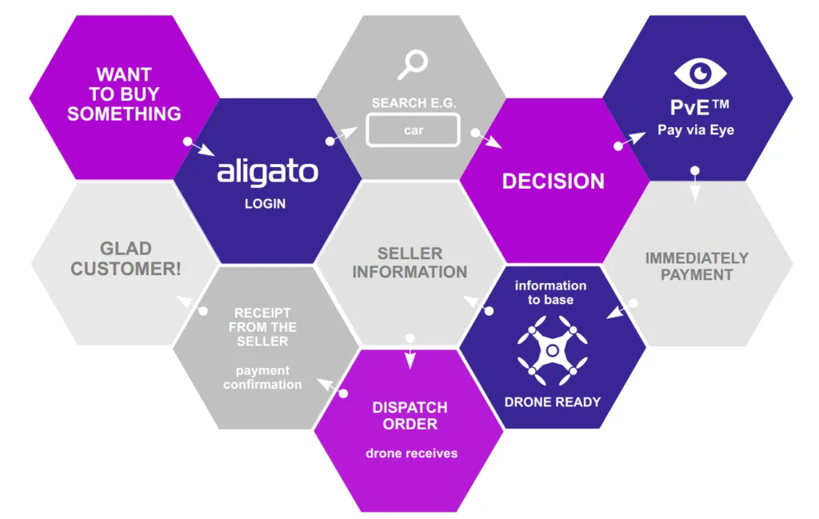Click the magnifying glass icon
tap(413, 65)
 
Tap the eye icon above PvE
tap(700, 73)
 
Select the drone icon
tap(552, 349)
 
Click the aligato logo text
tap(267, 172)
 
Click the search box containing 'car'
tap(413, 130)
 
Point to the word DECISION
tap(553, 182)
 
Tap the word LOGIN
tap(266, 204)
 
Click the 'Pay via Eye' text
tap(696, 130)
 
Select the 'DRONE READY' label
tap(553, 402)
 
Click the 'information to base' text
tap(550, 293)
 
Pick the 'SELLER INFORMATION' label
tap(409, 262)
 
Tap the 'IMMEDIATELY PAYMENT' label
tap(697, 266)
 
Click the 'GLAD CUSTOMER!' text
tap(126, 258)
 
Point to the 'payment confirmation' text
tap(262, 377)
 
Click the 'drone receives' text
tap(412, 453)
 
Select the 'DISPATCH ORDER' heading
tap(410, 416)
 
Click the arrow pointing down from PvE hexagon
tap(695, 184)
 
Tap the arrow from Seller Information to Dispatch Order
tap(410, 352)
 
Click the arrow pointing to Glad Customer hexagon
tap(192, 305)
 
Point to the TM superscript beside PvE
tap(721, 104)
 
